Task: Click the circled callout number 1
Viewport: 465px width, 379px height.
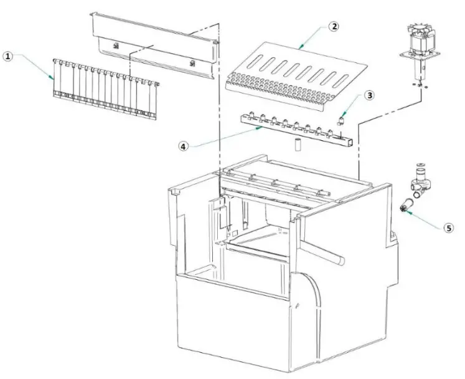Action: click(8, 57)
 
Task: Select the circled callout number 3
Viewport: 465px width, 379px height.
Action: click(370, 95)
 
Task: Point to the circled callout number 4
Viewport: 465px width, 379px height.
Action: click(183, 146)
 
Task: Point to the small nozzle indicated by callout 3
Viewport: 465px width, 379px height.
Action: click(343, 117)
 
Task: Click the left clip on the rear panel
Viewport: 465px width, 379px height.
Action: click(116, 45)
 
